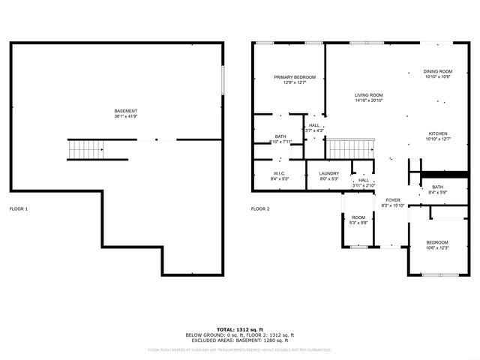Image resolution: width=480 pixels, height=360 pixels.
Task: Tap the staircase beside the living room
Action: pos(350,148)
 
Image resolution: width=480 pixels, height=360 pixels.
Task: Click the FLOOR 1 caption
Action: pos(18,208)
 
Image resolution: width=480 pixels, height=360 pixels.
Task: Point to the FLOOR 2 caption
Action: pos(260,208)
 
